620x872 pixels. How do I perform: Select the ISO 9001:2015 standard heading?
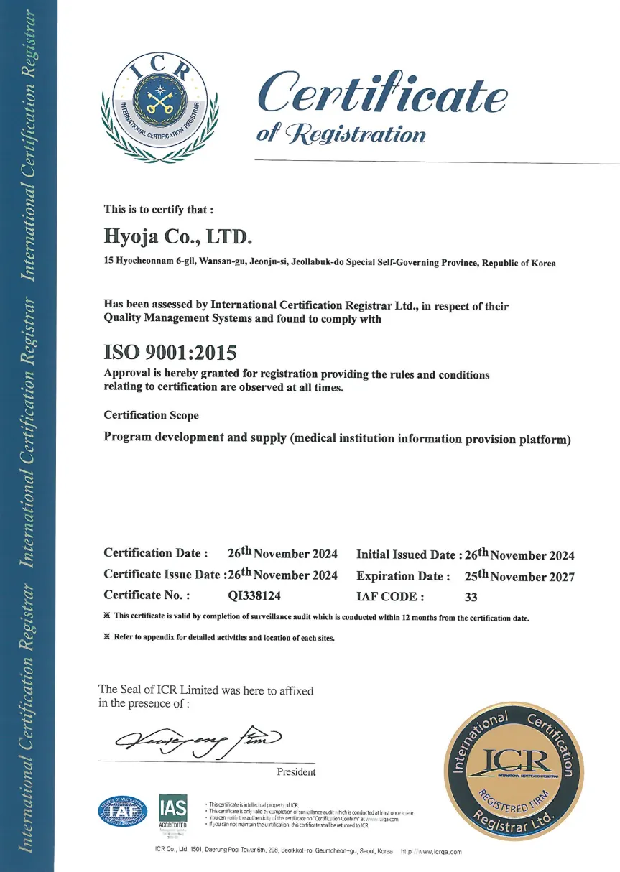(170, 352)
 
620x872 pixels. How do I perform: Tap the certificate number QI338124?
(254, 595)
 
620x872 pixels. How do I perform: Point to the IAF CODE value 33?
(471, 596)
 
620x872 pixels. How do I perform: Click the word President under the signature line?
(296, 772)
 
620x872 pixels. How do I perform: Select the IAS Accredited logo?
(172, 812)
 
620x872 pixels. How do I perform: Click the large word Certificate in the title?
(382, 93)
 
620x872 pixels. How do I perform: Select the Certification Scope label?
(151, 415)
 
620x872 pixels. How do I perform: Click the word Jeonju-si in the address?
(269, 264)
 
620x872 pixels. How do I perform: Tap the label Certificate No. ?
(147, 595)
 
